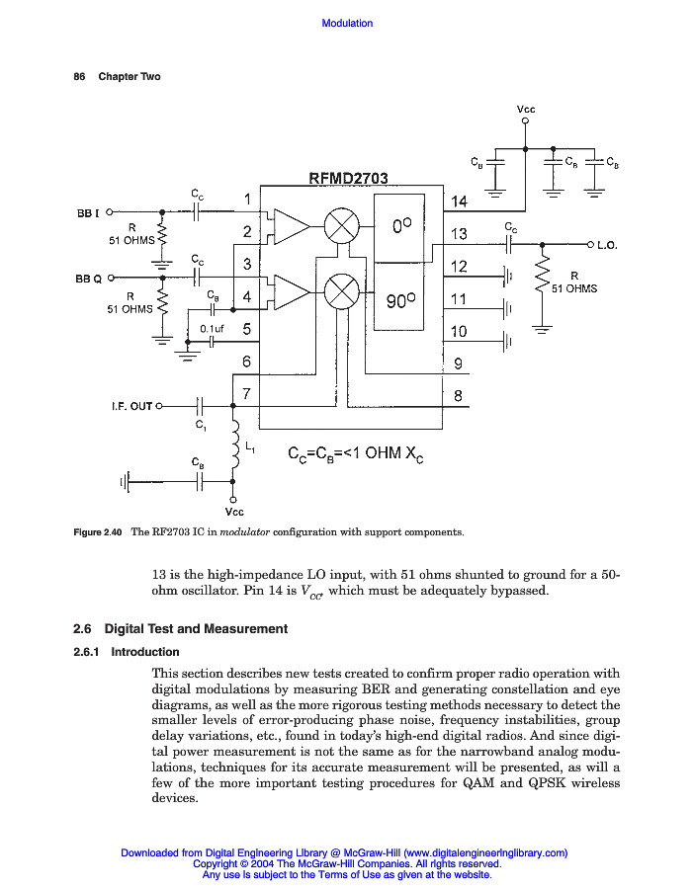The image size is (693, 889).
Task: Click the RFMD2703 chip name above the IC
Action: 348,179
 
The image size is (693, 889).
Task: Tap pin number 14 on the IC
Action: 459,202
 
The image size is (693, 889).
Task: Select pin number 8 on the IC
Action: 458,396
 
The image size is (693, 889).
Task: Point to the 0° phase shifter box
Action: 399,226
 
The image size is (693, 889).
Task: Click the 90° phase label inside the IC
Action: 401,300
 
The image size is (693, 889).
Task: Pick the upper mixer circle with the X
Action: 341,226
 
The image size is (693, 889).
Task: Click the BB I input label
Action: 88,211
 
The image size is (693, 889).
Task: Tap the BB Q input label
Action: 89,279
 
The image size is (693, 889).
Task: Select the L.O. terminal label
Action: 607,245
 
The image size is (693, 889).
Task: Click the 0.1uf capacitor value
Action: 213,328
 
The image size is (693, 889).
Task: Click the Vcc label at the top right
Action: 526,109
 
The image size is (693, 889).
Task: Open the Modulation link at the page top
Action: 347,23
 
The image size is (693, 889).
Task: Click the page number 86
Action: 80,77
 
